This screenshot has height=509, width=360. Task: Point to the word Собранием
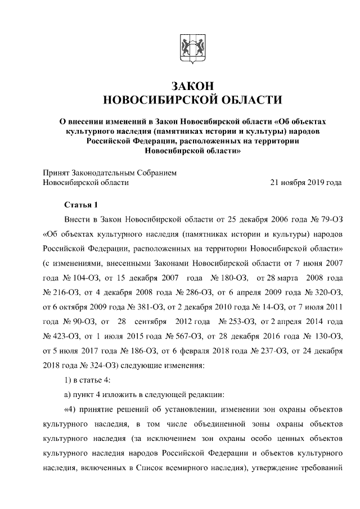(155, 173)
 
